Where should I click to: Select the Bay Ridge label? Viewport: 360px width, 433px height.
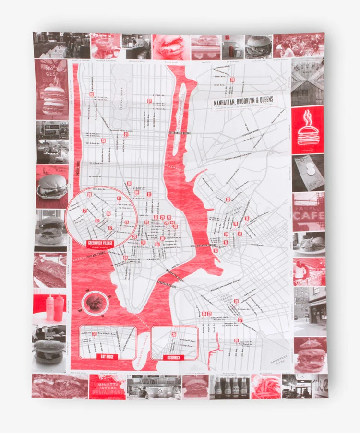coord(107,357)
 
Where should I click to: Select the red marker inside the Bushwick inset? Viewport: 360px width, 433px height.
coord(174,334)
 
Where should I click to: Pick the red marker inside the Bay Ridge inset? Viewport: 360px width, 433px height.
coord(95,334)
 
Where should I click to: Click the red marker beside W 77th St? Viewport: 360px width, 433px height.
coord(91,95)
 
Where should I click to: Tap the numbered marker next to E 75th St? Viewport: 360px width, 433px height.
coord(149,101)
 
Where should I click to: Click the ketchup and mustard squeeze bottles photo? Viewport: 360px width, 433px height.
coord(50,307)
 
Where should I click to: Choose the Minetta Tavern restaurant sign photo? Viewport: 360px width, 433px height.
coord(107,386)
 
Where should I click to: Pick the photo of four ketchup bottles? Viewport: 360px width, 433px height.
coord(229,386)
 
